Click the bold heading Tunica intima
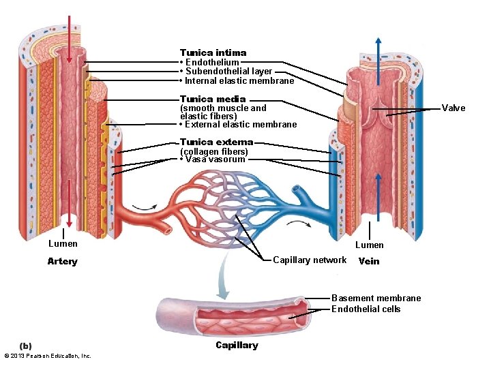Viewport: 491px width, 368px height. click(x=213, y=52)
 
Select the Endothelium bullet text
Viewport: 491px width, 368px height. click(x=211, y=62)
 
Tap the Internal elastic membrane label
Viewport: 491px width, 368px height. click(x=239, y=81)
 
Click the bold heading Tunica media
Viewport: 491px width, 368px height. click(x=213, y=99)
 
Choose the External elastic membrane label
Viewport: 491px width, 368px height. click(x=240, y=124)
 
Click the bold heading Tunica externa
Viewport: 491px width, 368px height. click(x=216, y=142)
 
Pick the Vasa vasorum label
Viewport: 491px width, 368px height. click(x=214, y=159)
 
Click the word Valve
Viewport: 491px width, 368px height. click(x=453, y=108)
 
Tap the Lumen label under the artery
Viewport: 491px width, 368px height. click(x=63, y=243)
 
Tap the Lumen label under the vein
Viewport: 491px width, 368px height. click(x=370, y=245)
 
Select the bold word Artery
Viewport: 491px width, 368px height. click(x=62, y=262)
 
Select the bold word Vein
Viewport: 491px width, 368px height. click(x=369, y=261)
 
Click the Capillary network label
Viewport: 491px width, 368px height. click(x=309, y=260)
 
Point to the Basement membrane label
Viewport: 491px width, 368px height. click(x=376, y=298)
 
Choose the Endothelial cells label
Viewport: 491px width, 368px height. click(x=366, y=309)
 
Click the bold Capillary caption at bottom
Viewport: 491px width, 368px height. click(x=237, y=345)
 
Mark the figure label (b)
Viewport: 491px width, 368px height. click(x=25, y=346)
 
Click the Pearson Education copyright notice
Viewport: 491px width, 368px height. click(x=47, y=356)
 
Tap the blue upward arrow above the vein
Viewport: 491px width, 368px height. click(x=376, y=48)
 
